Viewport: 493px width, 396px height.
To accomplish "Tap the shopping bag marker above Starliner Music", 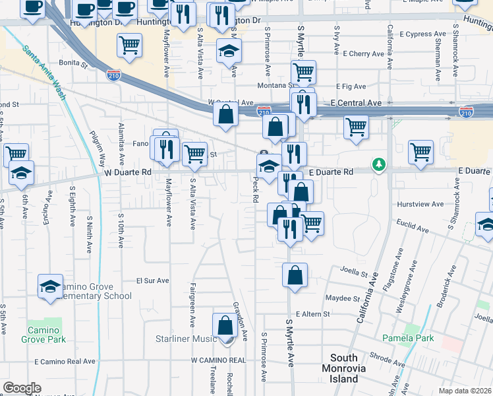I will tap(225, 325).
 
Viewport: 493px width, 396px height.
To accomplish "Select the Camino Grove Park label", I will tap(47, 335).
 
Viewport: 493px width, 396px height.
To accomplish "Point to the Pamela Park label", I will tap(409, 339).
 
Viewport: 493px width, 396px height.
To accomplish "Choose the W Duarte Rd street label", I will tap(128, 172).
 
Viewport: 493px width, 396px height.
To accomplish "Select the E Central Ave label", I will tap(356, 104).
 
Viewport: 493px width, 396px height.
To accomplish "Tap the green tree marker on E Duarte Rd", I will tap(378, 163).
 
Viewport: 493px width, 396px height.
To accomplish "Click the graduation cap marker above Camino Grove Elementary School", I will tap(49, 286).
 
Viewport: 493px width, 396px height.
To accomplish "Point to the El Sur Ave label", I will tap(153, 280).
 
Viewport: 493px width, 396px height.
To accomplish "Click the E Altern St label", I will tap(312, 314).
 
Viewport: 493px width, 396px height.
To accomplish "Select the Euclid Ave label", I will tap(412, 227).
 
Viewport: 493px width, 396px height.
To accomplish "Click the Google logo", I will tap(22, 388).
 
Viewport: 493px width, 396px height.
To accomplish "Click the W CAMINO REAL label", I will tap(218, 360).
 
